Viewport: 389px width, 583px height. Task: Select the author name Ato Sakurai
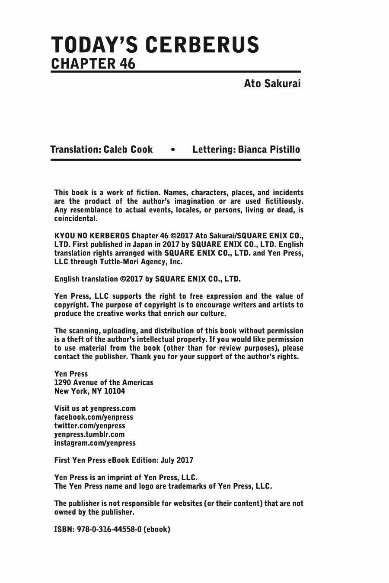pos(272,83)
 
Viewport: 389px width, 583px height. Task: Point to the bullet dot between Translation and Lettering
pos(173,150)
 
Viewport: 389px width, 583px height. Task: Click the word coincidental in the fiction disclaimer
pos(75,219)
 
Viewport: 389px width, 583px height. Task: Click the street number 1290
pos(62,383)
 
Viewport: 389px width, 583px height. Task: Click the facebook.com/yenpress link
pos(93,417)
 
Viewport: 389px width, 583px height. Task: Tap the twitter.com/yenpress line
pos(89,426)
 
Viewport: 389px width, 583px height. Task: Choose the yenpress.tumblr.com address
pos(89,434)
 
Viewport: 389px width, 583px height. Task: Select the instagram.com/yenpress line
pos(95,443)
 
